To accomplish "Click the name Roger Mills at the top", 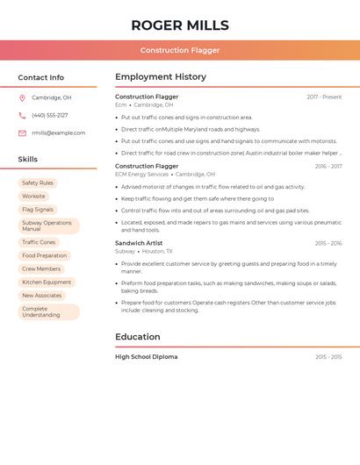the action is (x=180, y=25).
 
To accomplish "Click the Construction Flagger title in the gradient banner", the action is (x=180, y=50).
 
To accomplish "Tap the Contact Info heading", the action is (x=41, y=77).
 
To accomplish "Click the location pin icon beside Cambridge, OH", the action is (x=22, y=97).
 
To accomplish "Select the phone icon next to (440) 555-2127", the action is (x=22, y=115).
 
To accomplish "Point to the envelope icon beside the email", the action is (x=22, y=132).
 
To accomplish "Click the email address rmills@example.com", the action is (x=58, y=132).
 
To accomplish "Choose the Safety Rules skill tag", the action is (x=38, y=182).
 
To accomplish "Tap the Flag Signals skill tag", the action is (x=38, y=210).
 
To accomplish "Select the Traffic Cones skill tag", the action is (x=39, y=242).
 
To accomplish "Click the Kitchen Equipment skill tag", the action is (x=47, y=282).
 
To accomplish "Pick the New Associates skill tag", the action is (x=41, y=296).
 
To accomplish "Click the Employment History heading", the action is (x=161, y=77).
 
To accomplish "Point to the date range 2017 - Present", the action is (x=324, y=97).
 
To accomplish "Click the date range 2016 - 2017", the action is (x=328, y=166).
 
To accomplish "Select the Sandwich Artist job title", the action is (x=139, y=243).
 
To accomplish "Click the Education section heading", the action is (x=138, y=337).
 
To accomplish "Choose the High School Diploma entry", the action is (x=146, y=357).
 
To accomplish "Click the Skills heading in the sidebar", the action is (x=28, y=160).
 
